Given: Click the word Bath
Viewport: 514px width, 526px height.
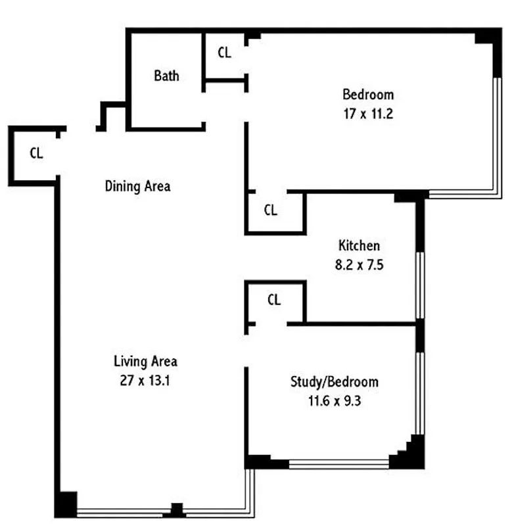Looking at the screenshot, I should [x=166, y=76].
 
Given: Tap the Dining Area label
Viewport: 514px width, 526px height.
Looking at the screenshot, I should [x=137, y=186].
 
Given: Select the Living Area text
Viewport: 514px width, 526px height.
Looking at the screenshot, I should [x=145, y=361].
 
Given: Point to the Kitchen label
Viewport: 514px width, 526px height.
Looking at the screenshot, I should [x=359, y=246].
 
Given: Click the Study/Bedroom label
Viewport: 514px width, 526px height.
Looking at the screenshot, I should [x=334, y=381].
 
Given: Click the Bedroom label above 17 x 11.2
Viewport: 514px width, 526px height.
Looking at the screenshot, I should [x=368, y=94].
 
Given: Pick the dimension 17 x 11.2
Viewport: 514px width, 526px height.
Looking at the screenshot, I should [x=368, y=112].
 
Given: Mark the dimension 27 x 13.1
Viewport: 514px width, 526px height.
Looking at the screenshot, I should [x=145, y=380].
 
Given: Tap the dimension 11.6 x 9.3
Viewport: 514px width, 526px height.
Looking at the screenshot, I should [x=334, y=400].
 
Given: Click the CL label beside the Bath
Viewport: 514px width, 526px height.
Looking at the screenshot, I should [x=224, y=53].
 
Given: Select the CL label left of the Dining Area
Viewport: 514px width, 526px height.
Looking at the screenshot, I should [x=36, y=153].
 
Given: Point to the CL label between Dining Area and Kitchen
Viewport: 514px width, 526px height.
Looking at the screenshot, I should [x=270, y=210].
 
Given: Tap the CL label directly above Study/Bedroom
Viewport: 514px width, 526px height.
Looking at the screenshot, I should [x=274, y=300].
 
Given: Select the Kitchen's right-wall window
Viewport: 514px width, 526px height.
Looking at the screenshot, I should [x=419, y=284].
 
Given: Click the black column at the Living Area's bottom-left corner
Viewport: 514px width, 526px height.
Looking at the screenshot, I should [x=65, y=504].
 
